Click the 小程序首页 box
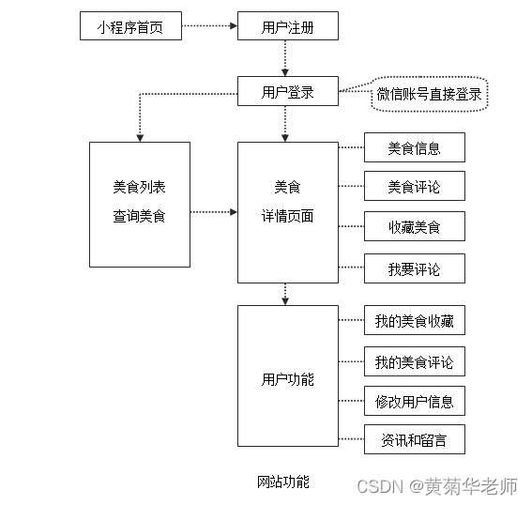coord(129,27)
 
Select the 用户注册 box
coord(287,27)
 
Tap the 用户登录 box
coord(287,93)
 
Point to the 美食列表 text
coord(139,187)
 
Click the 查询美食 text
coord(139,217)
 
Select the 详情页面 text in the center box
coord(287,216)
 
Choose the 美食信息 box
coord(414,147)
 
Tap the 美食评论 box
coord(414,187)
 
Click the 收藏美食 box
coord(414,227)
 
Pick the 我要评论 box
coord(414,268)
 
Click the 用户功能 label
coord(287,380)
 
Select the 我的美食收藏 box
coord(414,321)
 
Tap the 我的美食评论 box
coord(414,361)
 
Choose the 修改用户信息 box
coord(414,402)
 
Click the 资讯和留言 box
coord(414,440)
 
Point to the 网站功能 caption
coord(282,482)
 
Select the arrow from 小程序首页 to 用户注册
coord(208,27)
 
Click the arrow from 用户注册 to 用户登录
coord(284,59)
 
